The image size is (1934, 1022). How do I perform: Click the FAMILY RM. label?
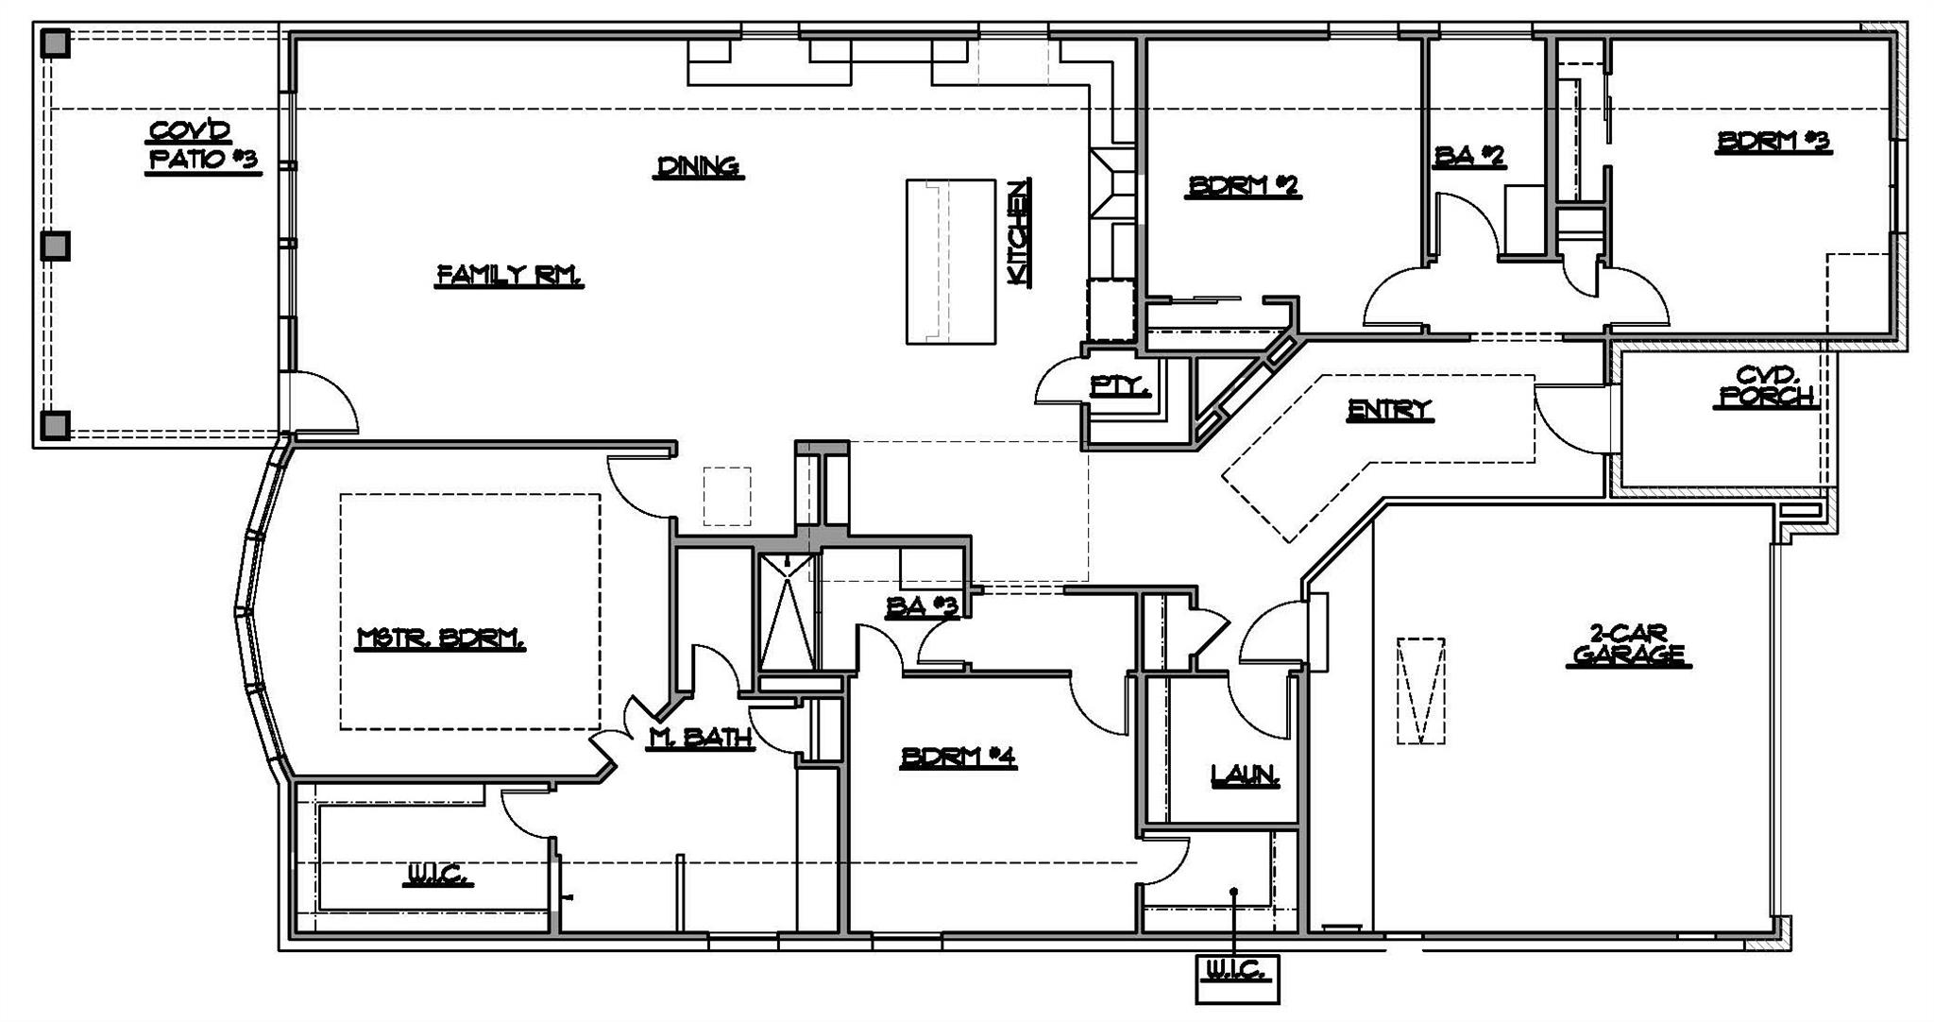point(509,275)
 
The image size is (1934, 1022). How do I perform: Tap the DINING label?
point(699,167)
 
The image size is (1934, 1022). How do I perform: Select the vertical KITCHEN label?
point(1017,232)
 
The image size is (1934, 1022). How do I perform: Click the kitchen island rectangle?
point(951,262)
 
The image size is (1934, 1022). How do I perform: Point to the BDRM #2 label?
point(1244,186)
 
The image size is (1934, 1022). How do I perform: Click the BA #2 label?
point(1468,156)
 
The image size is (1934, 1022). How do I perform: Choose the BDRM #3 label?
point(1773,142)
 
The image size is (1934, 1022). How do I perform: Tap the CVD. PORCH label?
point(1765,386)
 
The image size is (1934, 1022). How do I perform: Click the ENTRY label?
point(1389,410)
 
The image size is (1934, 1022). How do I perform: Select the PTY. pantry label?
point(1120,385)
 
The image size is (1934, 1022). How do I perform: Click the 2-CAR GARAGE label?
point(1628,644)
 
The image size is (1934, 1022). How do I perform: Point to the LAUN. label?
point(1246,776)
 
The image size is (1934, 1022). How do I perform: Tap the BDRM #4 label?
point(959,758)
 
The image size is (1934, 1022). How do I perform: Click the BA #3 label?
point(922,608)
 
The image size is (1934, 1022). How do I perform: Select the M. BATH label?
point(700,739)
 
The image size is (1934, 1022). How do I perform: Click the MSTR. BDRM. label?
point(441,639)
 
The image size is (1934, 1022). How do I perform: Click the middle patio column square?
point(57,247)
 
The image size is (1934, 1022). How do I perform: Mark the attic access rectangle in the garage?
point(1420,691)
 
